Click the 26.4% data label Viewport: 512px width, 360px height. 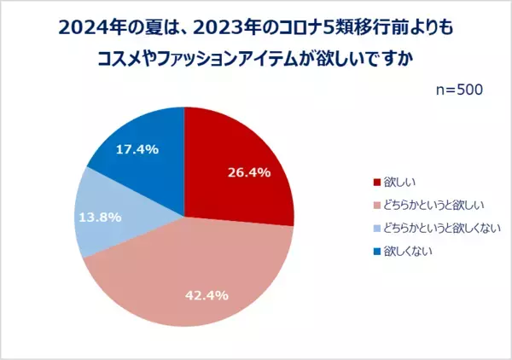pos(248,172)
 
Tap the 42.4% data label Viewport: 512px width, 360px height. pos(207,295)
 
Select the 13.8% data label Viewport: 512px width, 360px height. pos(99,217)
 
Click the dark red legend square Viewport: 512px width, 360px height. pos(376,181)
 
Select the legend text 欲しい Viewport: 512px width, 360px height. pos(397,181)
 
